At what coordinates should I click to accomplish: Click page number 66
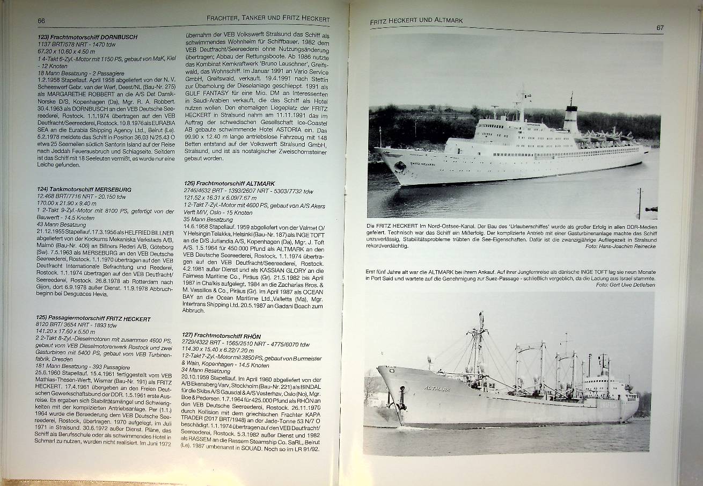[41, 20]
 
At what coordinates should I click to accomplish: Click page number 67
[660, 27]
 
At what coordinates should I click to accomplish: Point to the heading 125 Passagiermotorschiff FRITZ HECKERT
[93, 318]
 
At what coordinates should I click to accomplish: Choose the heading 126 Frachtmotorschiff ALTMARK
[229, 184]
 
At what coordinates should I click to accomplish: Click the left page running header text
[268, 19]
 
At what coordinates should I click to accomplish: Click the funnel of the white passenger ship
[570, 118]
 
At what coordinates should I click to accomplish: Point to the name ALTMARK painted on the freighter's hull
[438, 388]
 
